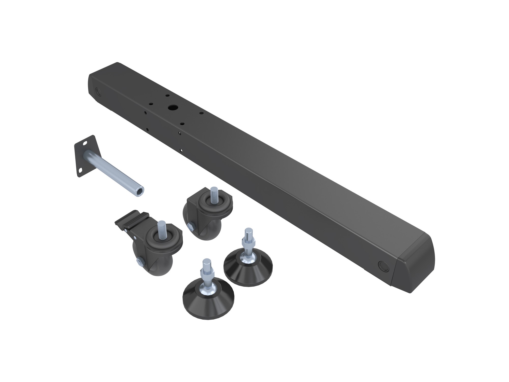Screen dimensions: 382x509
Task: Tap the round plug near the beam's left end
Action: (97, 91)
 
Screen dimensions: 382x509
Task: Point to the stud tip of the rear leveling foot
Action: (247, 231)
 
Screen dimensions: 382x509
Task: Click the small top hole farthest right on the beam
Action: (201, 113)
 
